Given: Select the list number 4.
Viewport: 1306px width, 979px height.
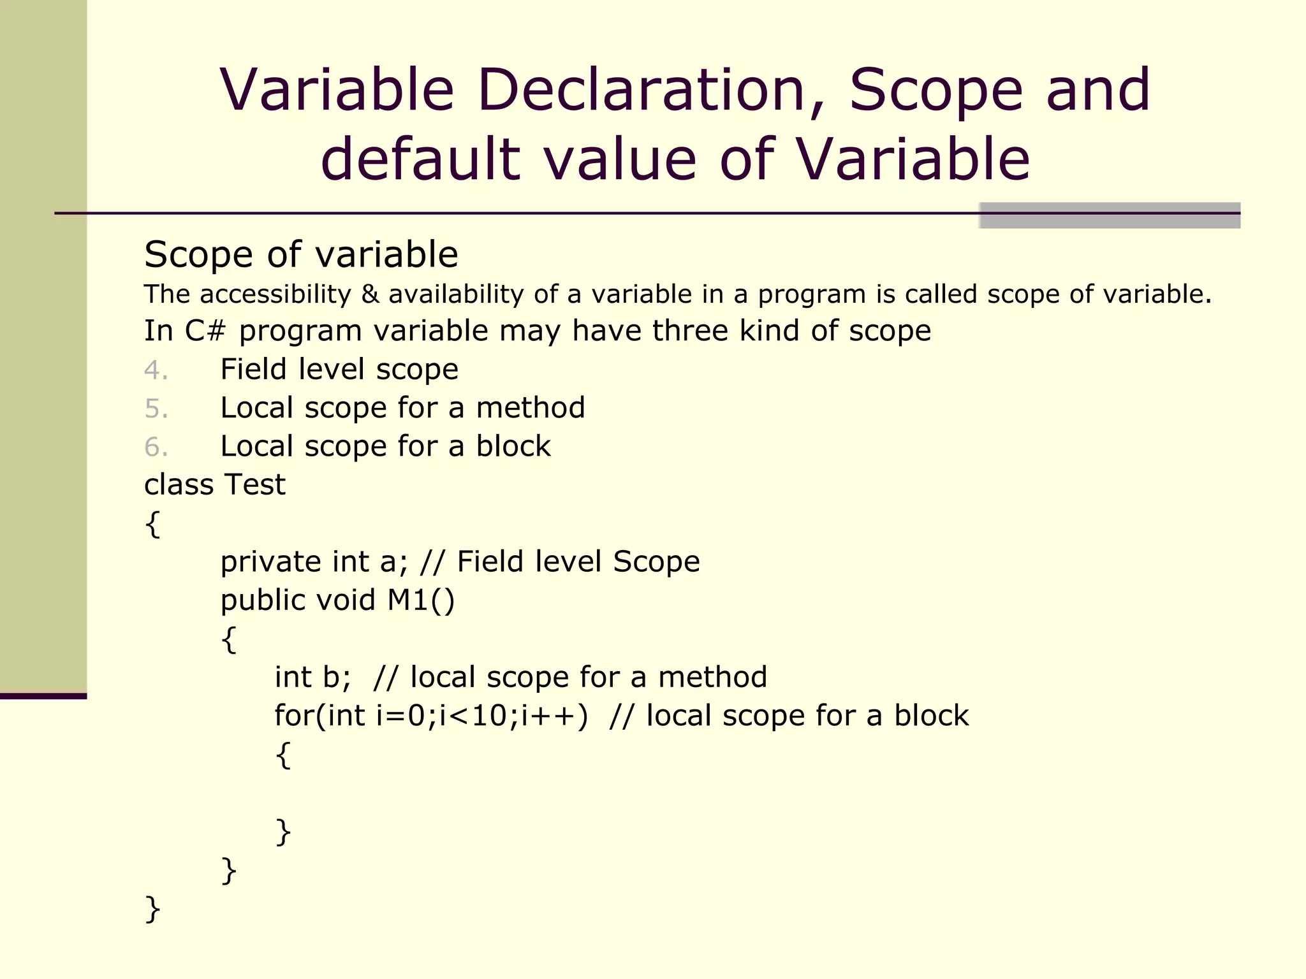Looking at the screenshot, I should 156,370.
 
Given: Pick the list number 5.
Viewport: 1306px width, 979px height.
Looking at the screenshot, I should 156,409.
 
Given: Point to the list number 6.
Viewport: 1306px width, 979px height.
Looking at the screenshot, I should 156,447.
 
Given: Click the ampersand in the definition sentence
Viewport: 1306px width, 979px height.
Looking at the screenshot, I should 370,294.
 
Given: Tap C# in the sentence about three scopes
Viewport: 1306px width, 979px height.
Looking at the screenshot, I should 205,331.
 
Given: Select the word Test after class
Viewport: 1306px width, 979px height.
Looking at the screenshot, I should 254,484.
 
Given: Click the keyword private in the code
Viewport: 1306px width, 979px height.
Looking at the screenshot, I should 271,562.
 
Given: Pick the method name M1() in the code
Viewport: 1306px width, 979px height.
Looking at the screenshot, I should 421,600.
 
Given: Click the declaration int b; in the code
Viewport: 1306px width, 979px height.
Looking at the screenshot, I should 312,678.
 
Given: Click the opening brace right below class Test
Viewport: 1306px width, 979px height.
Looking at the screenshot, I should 152,525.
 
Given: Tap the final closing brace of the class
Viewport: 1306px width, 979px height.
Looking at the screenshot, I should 152,909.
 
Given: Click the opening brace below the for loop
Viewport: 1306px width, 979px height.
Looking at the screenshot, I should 284,755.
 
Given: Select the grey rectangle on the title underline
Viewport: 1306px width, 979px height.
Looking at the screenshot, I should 1109,215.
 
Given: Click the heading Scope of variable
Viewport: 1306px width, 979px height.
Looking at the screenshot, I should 301,255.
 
